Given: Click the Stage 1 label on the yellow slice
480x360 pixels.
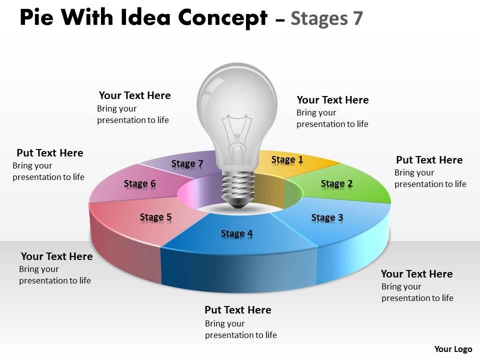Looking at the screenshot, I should pyautogui.click(x=287, y=159).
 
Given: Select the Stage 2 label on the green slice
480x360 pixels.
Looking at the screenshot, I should pyautogui.click(x=336, y=183).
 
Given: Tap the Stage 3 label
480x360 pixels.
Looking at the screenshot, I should pyautogui.click(x=327, y=217).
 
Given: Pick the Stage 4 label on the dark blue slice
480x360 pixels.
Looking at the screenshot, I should pyautogui.click(x=236, y=233).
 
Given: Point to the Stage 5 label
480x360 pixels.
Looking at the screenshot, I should pyautogui.click(x=155, y=216).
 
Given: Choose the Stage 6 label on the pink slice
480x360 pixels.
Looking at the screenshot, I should pyautogui.click(x=139, y=183).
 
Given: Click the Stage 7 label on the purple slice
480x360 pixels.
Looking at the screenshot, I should pyautogui.click(x=187, y=163).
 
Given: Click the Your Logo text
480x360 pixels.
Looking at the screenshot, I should pyautogui.click(x=453, y=349).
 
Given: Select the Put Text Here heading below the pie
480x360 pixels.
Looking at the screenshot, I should pyautogui.click(x=238, y=310).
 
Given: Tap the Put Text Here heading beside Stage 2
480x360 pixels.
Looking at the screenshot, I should pyautogui.click(x=429, y=160).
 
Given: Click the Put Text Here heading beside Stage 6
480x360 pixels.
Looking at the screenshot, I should pyautogui.click(x=50, y=153).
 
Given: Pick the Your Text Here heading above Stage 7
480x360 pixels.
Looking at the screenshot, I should pyautogui.click(x=134, y=95).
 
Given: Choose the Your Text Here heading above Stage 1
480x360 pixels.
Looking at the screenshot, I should pyautogui.click(x=332, y=100).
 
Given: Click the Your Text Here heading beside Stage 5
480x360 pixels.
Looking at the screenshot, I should pyautogui.click(x=56, y=256).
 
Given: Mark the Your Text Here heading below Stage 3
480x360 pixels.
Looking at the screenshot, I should pyautogui.click(x=416, y=274).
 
